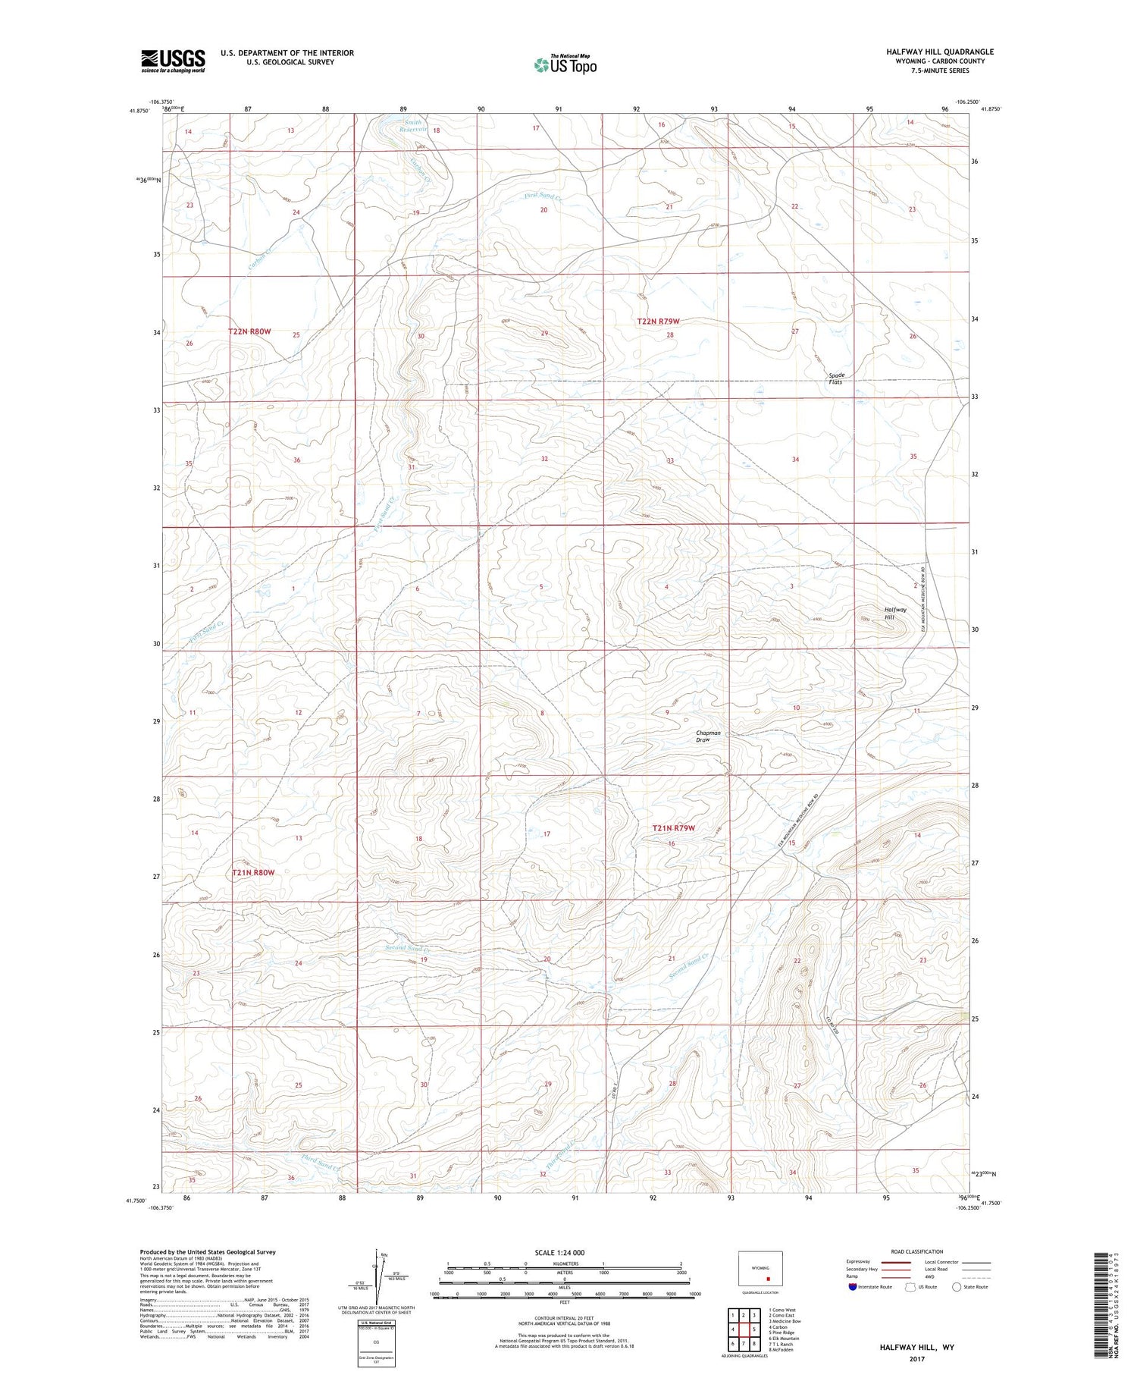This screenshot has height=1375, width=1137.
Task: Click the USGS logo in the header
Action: click(x=173, y=61)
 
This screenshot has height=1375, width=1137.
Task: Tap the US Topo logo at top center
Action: click(x=565, y=64)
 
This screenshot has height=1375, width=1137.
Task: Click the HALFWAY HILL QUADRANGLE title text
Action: click(x=939, y=52)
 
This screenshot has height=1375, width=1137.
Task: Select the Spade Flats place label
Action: click(x=836, y=378)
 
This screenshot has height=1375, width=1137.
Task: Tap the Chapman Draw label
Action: click(x=708, y=736)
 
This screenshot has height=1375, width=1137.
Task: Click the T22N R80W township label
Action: click(x=249, y=332)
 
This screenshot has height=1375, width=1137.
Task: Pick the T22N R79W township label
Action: click(x=658, y=322)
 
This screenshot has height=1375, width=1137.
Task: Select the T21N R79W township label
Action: click(x=674, y=828)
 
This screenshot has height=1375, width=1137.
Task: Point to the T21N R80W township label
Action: click(x=253, y=873)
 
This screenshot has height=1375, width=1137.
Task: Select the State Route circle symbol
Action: click(x=957, y=1287)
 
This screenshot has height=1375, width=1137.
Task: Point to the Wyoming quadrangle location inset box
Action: click(x=760, y=1267)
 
